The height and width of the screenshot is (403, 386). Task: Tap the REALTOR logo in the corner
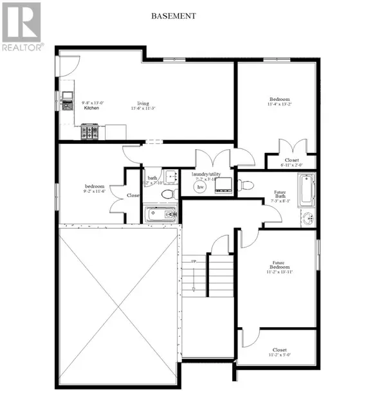tap(22, 26)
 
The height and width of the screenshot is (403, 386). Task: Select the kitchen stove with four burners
tap(89, 132)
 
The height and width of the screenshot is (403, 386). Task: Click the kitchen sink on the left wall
tap(67, 98)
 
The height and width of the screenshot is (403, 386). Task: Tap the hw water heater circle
tap(191, 186)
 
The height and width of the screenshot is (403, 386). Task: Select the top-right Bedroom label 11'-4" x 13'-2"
tap(279, 103)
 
